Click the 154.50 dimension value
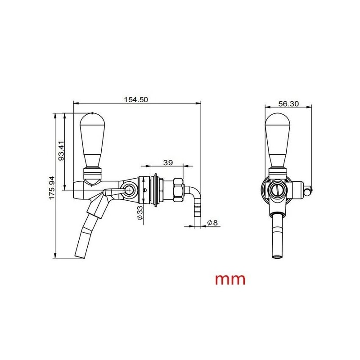coord(135,100)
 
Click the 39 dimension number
coord(168,162)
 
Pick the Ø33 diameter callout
coord(140,212)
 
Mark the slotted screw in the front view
coord(276,191)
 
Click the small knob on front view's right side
coord(307,191)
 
